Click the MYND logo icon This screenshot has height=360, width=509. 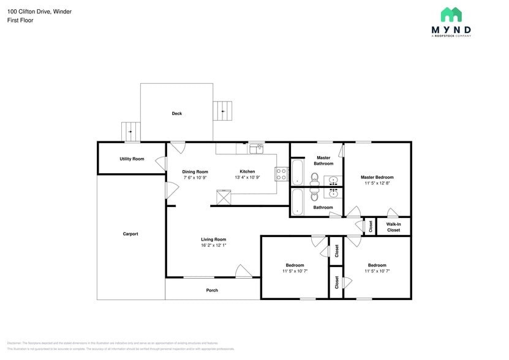452,15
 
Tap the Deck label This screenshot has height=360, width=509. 177,113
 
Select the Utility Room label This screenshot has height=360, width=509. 132,159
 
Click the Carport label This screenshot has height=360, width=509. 130,234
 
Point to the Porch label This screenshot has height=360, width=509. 212,290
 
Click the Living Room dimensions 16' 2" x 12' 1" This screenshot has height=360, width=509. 214,245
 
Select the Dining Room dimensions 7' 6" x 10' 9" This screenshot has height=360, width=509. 195,178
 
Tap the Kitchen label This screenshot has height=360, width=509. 247,171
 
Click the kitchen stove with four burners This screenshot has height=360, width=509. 282,174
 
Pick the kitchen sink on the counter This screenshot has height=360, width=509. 255,148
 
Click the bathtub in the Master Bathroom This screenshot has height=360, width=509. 298,172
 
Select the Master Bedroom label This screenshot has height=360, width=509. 377,177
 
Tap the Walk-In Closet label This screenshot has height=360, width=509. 393,227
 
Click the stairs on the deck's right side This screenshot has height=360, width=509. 223,111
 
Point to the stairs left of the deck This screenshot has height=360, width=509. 130,132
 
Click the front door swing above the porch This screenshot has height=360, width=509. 243,271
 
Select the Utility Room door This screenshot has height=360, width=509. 161,163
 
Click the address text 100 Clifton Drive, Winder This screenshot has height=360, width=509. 39,11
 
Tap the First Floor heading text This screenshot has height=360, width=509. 20,20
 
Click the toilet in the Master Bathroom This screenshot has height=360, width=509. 314,179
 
